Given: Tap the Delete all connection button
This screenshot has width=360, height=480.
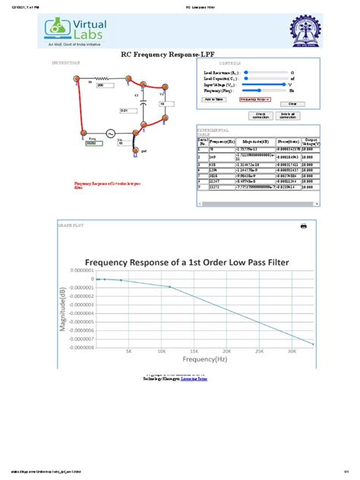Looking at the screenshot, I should (x=288, y=115).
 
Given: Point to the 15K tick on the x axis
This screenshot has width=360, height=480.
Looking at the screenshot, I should (x=194, y=351).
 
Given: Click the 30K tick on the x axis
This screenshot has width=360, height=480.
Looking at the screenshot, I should (x=292, y=351).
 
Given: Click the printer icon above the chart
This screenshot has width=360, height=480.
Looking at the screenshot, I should (x=303, y=226).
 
